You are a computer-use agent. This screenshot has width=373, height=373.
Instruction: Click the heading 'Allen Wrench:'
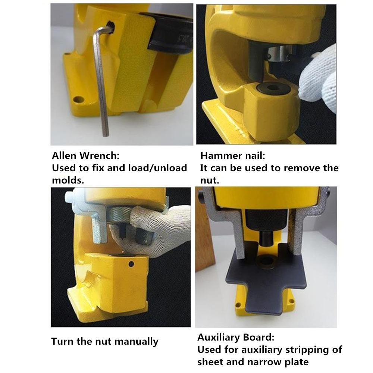tap(86, 156)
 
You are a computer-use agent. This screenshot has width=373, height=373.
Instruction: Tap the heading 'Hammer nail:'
tap(233, 156)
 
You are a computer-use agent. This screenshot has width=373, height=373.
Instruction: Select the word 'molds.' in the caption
tap(68, 180)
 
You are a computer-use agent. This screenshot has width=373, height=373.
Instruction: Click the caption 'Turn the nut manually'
tap(105, 341)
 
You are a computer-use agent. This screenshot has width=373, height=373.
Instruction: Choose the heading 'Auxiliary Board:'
tap(236, 337)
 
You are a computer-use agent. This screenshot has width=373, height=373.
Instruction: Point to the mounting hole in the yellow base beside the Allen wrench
tap(78, 99)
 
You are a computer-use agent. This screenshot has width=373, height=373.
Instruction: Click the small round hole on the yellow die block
tap(131, 264)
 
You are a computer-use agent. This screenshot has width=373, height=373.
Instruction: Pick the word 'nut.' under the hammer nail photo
tap(210, 180)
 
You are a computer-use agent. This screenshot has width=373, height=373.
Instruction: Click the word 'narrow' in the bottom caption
tap(266, 362)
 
